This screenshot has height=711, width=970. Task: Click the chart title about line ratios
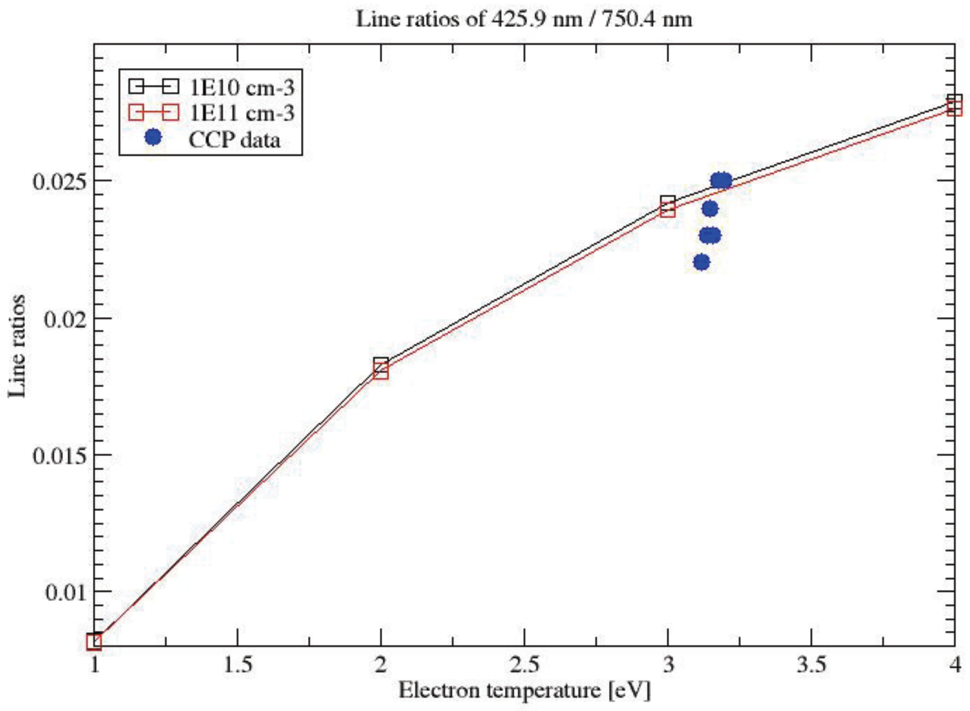pos(524,20)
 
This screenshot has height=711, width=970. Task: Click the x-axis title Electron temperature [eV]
pos(524,690)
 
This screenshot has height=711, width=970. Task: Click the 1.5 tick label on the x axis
pos(237,665)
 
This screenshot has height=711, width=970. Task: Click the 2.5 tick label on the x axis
pos(524,665)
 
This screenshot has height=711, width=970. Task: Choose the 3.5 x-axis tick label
pos(811,665)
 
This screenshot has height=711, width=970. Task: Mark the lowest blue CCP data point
pos(702,262)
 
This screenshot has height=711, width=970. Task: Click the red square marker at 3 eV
pos(668,211)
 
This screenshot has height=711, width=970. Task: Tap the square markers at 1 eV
pos(94,642)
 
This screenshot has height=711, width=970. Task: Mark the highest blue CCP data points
pos(721,181)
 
